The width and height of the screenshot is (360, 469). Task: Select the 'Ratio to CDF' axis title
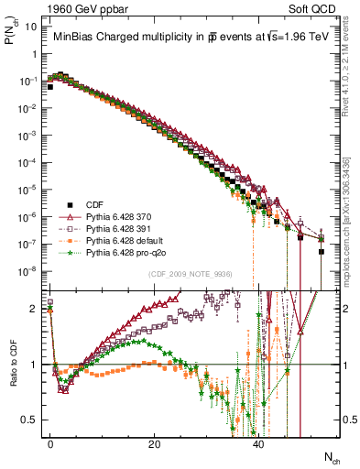tap(14, 367)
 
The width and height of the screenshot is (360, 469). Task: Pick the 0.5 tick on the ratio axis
tap(32, 420)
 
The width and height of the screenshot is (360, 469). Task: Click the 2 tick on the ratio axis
tap(36, 310)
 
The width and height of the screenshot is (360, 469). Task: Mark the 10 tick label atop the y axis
tap(32, 27)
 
